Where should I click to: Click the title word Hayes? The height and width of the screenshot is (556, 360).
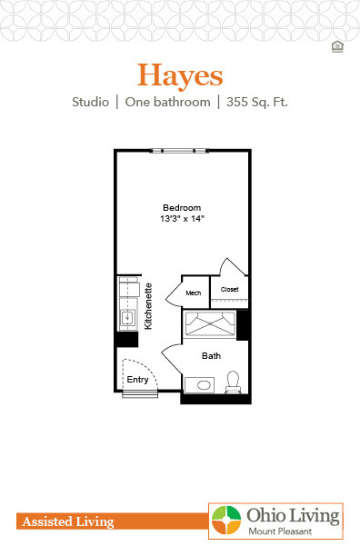point(180,73)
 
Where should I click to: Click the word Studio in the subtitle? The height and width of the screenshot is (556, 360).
point(91,103)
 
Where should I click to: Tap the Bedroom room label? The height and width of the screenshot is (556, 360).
point(181,206)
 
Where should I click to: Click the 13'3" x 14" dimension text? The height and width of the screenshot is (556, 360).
point(181,219)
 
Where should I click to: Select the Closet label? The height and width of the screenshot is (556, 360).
point(230,290)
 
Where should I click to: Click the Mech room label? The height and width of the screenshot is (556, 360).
point(194,293)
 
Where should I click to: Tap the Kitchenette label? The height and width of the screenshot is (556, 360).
point(148,306)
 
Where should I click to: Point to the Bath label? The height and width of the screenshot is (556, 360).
point(211,356)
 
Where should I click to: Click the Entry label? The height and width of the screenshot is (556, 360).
point(137,380)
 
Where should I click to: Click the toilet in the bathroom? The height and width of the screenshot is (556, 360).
point(232,381)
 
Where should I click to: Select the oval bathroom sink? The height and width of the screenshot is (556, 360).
point(202,385)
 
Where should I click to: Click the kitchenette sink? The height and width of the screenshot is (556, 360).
point(127,320)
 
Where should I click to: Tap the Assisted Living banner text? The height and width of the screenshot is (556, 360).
point(66,522)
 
